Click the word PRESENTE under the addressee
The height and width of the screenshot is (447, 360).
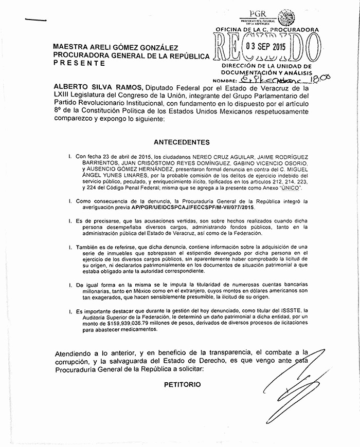(x=79, y=63)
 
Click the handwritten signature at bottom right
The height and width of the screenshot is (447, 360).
(x=303, y=385)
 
